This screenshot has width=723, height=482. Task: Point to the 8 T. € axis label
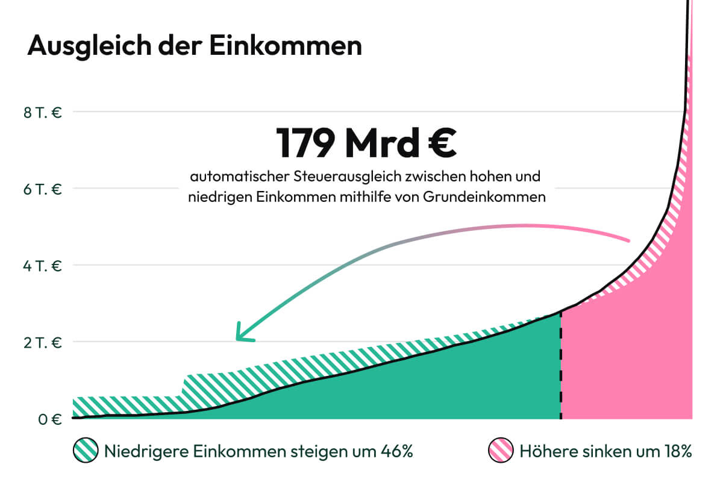click(x=42, y=111)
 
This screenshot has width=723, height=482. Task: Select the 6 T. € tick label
click(x=42, y=189)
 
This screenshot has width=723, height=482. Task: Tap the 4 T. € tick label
click(x=42, y=265)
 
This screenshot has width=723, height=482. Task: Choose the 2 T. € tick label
click(x=42, y=342)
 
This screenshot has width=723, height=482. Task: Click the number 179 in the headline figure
click(x=305, y=142)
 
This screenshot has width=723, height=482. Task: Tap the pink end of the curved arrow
click(x=627, y=240)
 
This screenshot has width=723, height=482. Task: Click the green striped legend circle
click(x=85, y=451)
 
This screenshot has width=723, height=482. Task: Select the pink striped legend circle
click(x=499, y=451)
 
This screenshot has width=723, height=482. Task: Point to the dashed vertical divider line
click(x=561, y=368)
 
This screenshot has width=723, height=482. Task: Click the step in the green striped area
click(x=183, y=386)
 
